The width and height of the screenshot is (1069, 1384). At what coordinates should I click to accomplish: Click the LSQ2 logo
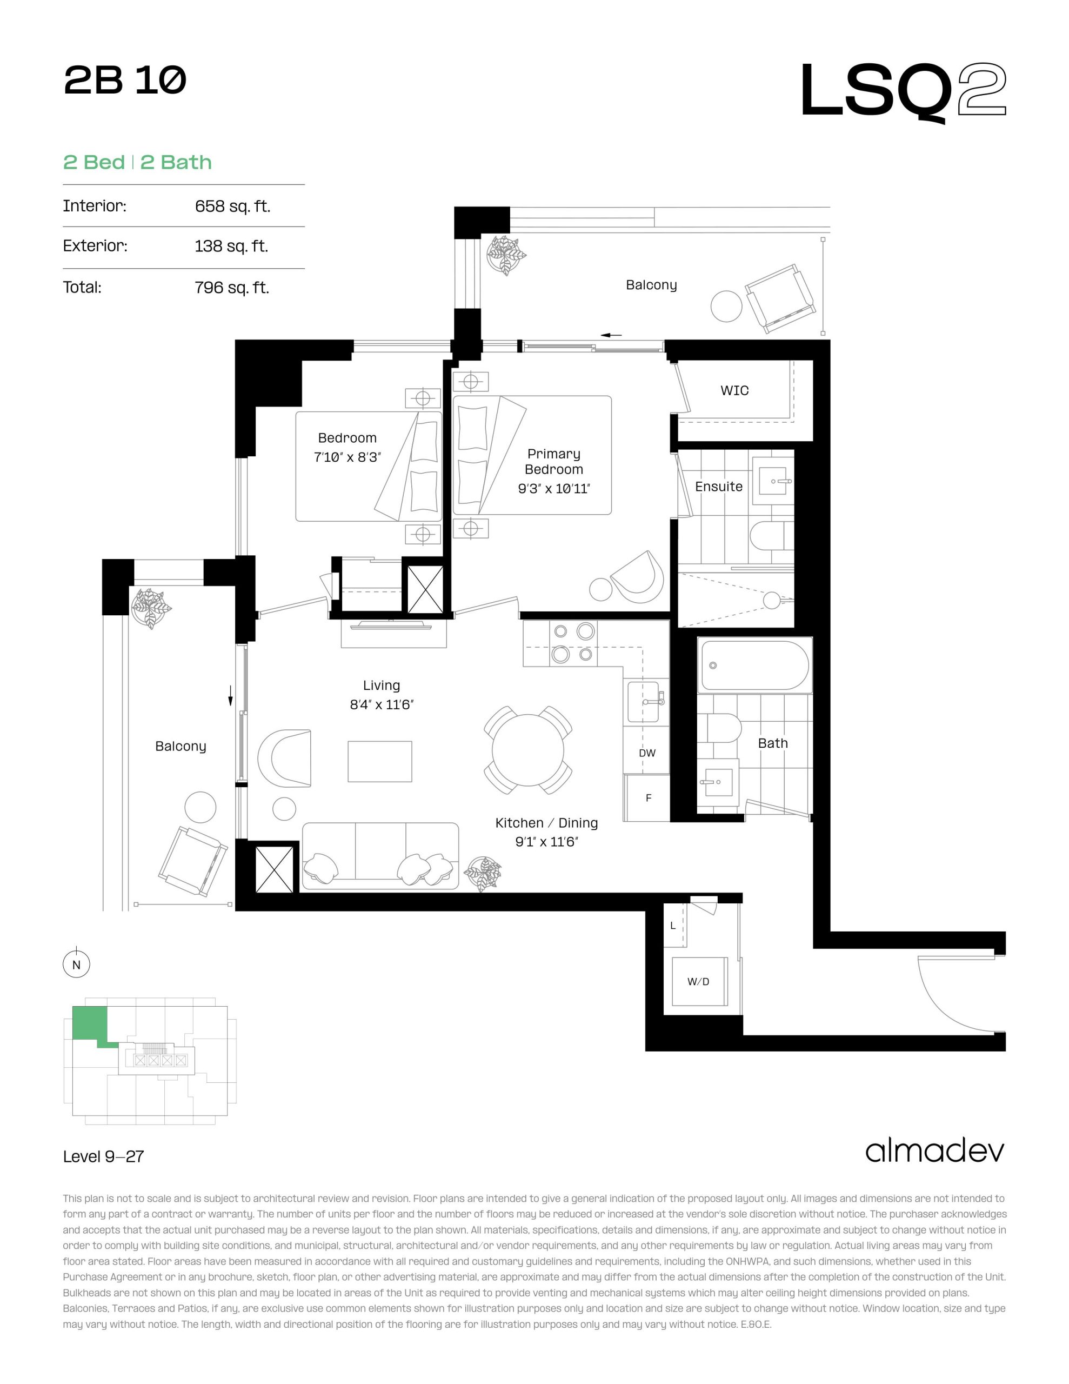point(903,92)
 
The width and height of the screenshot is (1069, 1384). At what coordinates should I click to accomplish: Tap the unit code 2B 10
point(125,81)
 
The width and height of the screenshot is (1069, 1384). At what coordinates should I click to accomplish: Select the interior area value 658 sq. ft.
point(232,207)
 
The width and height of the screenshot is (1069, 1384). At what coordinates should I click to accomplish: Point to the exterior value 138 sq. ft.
point(231,247)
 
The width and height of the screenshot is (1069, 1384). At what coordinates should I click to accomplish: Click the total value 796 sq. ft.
point(232,288)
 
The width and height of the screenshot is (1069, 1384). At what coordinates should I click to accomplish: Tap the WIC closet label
point(734,391)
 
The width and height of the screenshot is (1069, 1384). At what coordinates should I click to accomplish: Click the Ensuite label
point(719,487)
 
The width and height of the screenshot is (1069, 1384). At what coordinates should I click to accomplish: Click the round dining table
point(528,750)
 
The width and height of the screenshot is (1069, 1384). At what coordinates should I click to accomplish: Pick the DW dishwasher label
point(647,754)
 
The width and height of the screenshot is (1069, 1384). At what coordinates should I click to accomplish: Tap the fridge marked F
point(647,798)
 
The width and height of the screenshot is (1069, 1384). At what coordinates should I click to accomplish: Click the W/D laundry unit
point(699,982)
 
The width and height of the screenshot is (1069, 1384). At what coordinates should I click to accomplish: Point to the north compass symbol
point(77,964)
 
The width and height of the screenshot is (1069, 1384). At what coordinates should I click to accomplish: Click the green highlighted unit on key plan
point(89,1024)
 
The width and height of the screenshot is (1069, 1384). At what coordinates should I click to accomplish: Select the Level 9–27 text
point(103,1156)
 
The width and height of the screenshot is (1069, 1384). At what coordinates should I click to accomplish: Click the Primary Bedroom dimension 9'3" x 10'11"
point(554,489)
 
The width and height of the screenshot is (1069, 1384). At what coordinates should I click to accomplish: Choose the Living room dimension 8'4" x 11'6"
point(382,704)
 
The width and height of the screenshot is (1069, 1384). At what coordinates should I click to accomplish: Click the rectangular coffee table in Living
point(379,762)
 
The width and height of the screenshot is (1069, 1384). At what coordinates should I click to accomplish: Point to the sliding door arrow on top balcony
point(611,335)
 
